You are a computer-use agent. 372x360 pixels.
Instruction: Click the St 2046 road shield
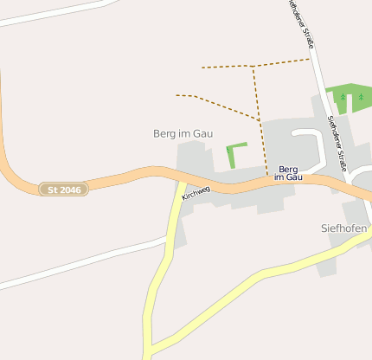tap(64, 189)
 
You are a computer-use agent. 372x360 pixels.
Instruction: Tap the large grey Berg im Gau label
tap(183, 133)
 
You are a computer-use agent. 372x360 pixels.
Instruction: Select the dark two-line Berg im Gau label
tap(289, 173)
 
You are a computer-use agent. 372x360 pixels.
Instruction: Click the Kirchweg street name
tap(196, 192)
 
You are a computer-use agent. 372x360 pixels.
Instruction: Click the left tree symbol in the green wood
tap(343, 98)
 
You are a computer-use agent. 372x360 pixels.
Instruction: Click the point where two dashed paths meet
tap(253, 66)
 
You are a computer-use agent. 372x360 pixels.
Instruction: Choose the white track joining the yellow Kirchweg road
tap(87, 260)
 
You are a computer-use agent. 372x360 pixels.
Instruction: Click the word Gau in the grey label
tap(202, 133)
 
